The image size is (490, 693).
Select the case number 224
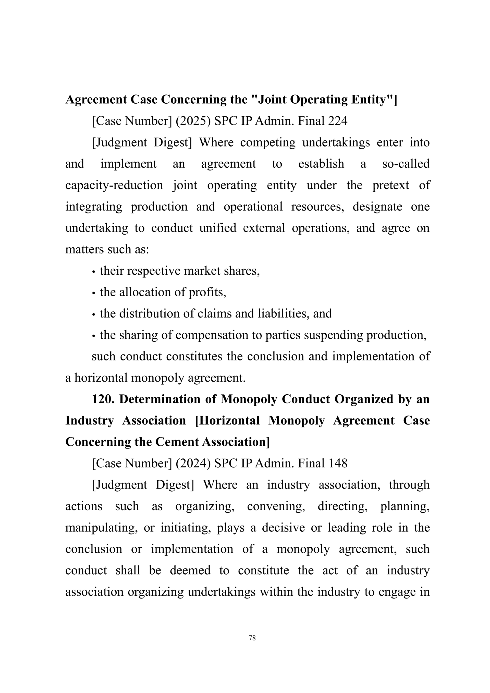pyautogui.click(x=338, y=121)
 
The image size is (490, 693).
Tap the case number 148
pyautogui.click(x=338, y=463)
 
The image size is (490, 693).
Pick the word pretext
pyautogui.click(x=390, y=185)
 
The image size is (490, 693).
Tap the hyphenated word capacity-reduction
pyautogui.click(x=114, y=185)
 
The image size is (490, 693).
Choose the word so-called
pyautogui.click(x=406, y=164)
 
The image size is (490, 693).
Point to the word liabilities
pyautogui.click(x=283, y=314)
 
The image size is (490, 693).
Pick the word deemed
pyautogui.click(x=190, y=570)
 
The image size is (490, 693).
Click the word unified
pyautogui.click(x=218, y=228)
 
